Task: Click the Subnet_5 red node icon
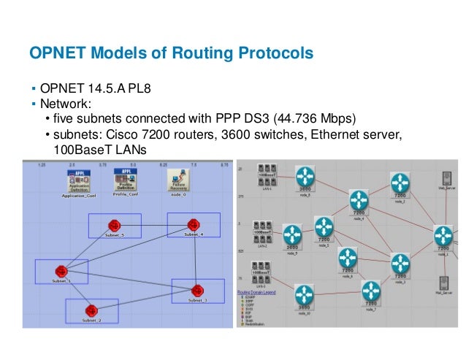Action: click(x=113, y=225)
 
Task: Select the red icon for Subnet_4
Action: click(x=191, y=223)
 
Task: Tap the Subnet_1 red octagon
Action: click(x=60, y=270)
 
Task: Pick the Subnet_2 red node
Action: click(x=91, y=310)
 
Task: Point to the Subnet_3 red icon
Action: click(x=196, y=289)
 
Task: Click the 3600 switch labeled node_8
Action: click(x=305, y=179)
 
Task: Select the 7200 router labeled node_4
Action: click(x=359, y=199)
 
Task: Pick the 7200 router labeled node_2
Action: click(x=399, y=182)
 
